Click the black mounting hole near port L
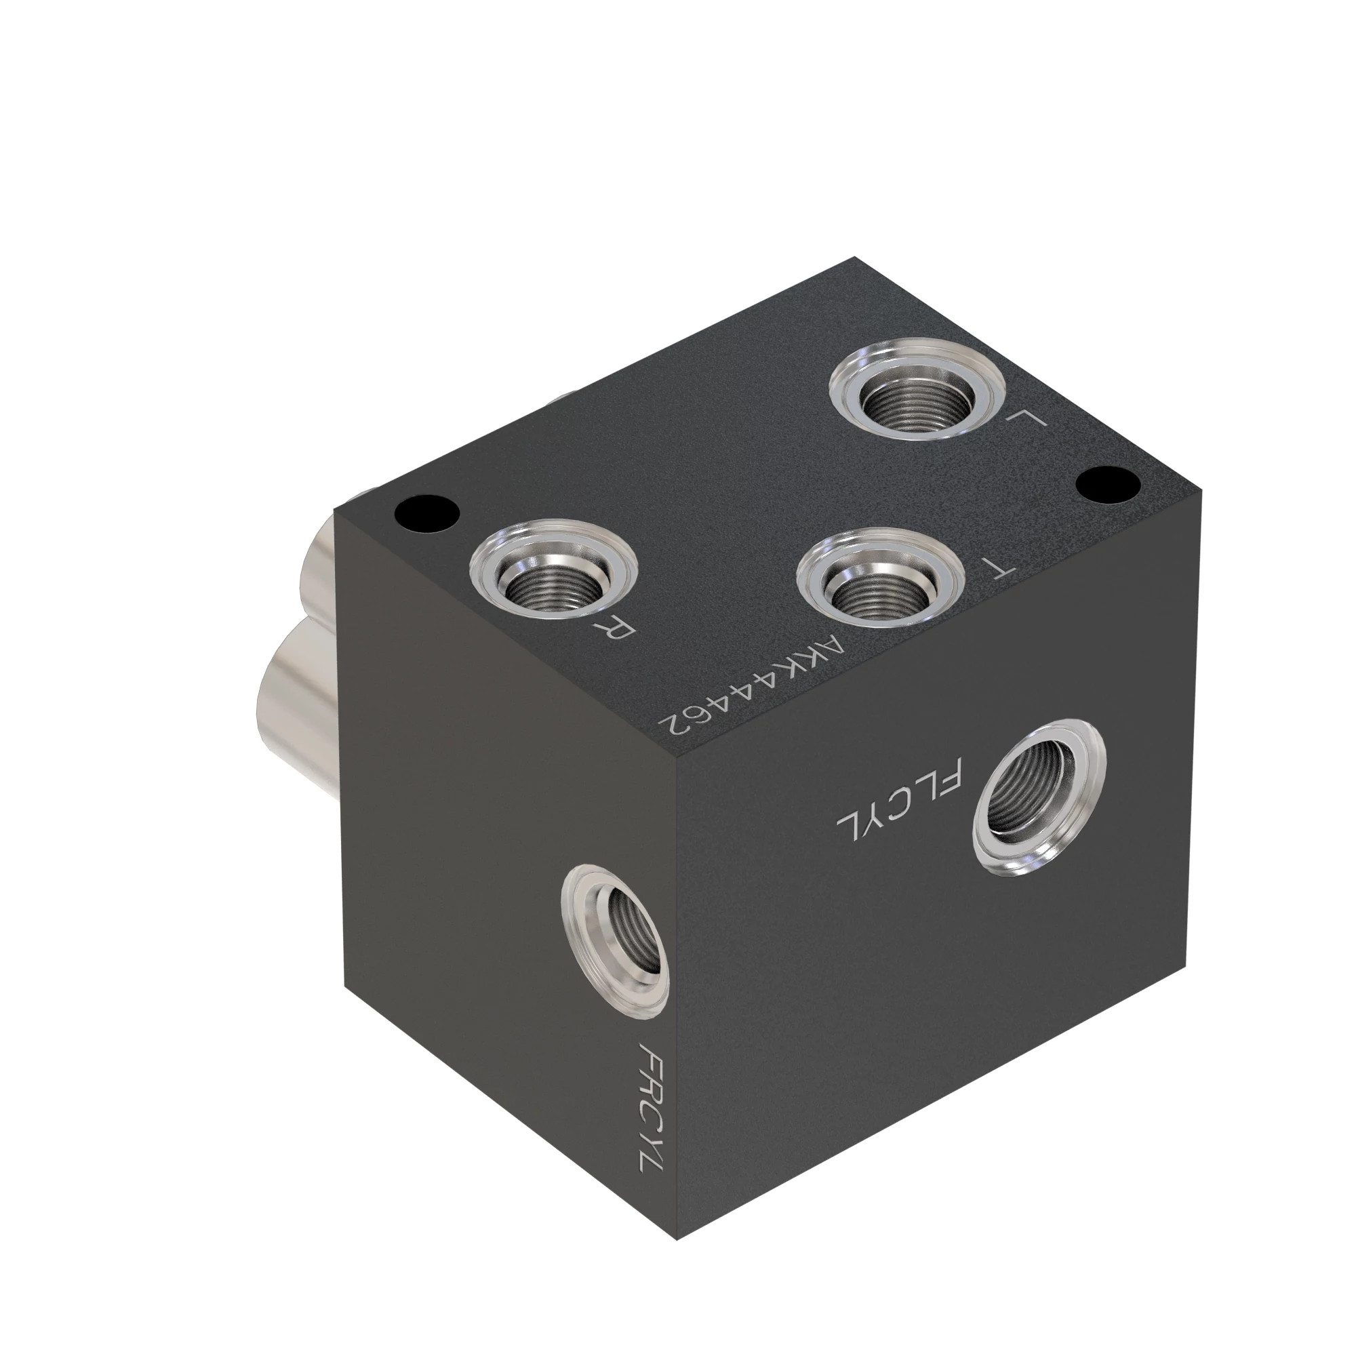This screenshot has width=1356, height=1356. coord(1108,484)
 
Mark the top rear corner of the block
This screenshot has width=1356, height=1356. coord(855,258)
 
